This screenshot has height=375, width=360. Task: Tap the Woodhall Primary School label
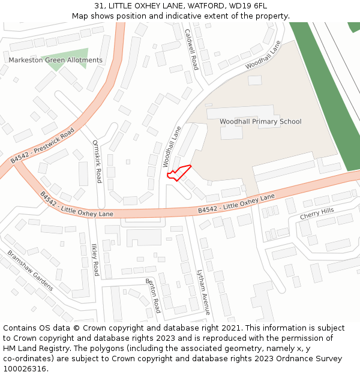[x=260, y=122]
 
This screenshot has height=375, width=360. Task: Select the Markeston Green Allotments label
[x=55, y=61]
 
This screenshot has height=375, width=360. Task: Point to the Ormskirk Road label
[x=97, y=161]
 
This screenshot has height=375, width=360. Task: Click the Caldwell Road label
[x=191, y=49]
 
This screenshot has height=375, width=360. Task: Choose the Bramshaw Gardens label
[x=30, y=271]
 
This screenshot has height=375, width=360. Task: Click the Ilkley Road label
[x=95, y=259]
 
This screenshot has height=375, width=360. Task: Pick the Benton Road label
[x=154, y=295]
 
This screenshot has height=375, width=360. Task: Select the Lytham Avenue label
[x=204, y=292]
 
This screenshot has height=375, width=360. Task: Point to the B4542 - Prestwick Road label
[x=43, y=145]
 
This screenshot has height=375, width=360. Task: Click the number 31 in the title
[x=99, y=6]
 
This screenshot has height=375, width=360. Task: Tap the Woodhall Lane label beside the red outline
[x=172, y=146]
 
